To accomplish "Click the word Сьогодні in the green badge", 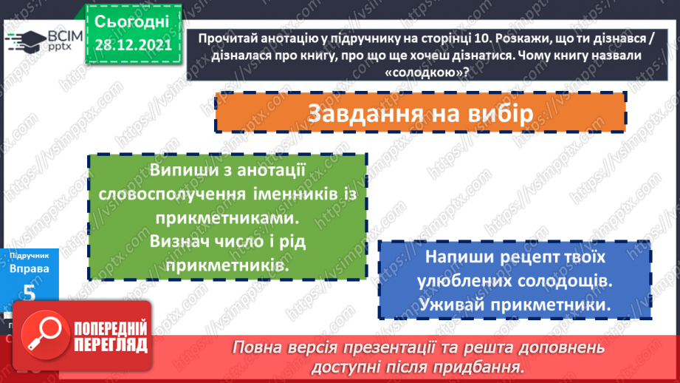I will click(132, 20).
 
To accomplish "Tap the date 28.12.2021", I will click(133, 46).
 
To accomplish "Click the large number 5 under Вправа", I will click(30, 294).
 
